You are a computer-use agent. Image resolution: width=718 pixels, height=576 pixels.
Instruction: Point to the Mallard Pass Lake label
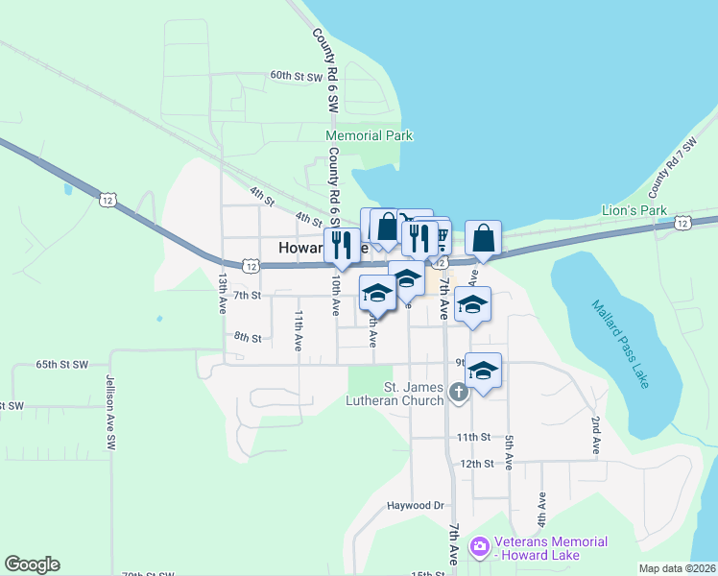[620, 344]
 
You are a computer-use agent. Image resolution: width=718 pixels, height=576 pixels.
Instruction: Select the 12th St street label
[475, 463]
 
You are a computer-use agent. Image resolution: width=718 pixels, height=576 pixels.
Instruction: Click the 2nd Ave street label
[596, 435]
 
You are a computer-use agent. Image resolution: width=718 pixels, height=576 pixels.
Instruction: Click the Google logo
[33, 564]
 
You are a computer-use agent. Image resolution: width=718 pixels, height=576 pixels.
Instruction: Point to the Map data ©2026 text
[677, 568]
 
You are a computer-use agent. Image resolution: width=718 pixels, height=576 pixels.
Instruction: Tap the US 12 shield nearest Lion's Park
[682, 223]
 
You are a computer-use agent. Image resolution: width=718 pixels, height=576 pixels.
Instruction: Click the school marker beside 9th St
[484, 371]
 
